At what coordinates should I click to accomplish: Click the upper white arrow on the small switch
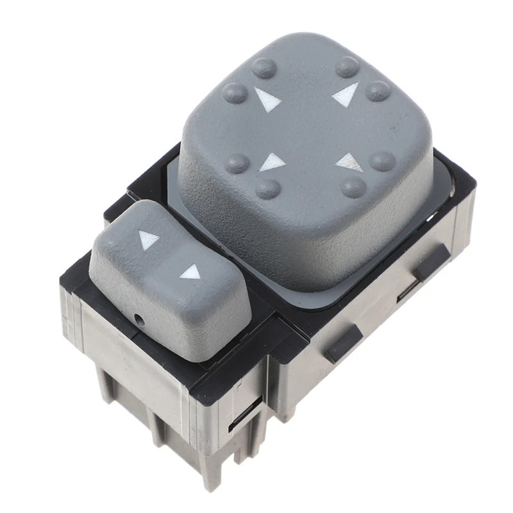pos(149,240)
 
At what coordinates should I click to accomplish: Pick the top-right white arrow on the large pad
pos(346,94)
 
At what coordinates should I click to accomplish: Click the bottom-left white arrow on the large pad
pos(273,162)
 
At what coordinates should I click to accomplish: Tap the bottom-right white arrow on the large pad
pos(349,162)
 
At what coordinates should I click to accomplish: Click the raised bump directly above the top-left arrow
pos(262,67)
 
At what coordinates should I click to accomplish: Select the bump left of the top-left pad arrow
pos(235,93)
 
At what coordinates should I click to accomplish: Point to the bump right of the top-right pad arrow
pos(378,90)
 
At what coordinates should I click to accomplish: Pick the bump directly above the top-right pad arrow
pos(348,66)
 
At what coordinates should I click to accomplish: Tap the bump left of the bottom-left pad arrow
pos(239,163)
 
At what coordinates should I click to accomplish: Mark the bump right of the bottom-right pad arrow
pos(383,160)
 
